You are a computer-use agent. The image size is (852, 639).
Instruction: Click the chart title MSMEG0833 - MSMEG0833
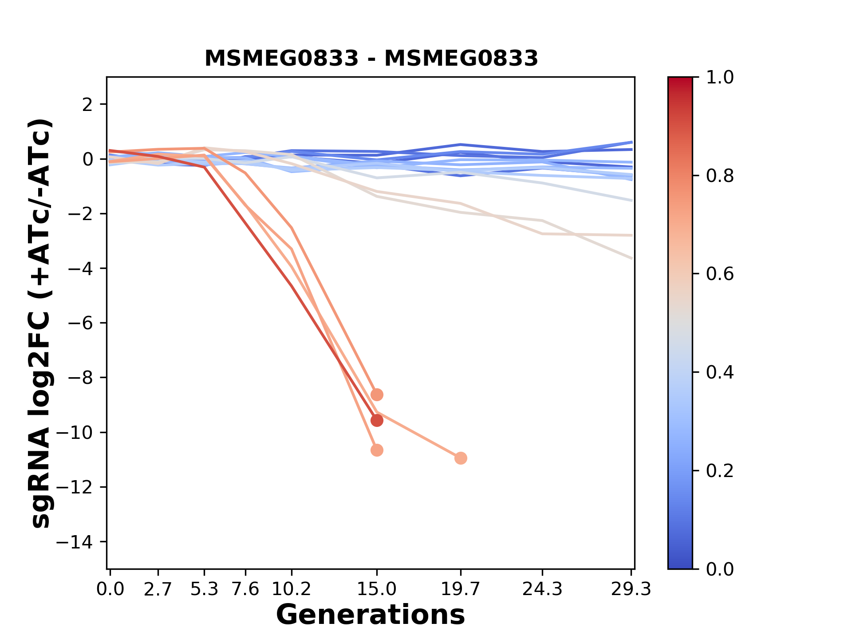tap(371, 58)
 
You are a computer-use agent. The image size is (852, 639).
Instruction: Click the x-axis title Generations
tap(371, 615)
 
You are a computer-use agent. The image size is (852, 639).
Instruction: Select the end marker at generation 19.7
tap(461, 458)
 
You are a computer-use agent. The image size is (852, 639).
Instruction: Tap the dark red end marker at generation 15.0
tap(377, 420)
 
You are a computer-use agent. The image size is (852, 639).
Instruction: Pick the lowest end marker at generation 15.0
tap(377, 450)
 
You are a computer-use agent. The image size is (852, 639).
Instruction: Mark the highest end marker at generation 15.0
tap(377, 394)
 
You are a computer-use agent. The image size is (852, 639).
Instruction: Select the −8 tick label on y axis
tap(80, 378)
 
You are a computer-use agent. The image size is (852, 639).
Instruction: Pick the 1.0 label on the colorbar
tap(720, 78)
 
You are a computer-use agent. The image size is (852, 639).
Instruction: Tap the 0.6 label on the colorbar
tap(720, 274)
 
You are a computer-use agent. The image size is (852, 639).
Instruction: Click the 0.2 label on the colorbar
tap(720, 471)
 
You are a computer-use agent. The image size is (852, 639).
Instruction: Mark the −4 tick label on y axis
tap(80, 269)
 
